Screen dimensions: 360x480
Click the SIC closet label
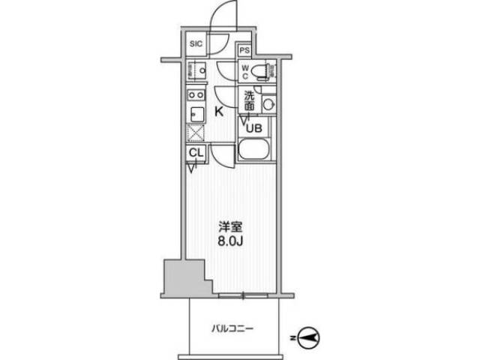click(195, 44)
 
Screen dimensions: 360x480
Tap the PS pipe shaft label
click(244, 51)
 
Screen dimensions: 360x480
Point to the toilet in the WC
click(259, 72)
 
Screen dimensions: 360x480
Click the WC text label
click(244, 72)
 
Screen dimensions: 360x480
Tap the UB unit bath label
click(254, 127)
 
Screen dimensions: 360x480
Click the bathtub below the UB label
click(258, 151)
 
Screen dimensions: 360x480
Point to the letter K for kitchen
click(220, 112)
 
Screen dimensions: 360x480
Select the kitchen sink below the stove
click(195, 114)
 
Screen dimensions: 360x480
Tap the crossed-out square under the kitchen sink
click(195, 133)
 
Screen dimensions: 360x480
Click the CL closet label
click(195, 154)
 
